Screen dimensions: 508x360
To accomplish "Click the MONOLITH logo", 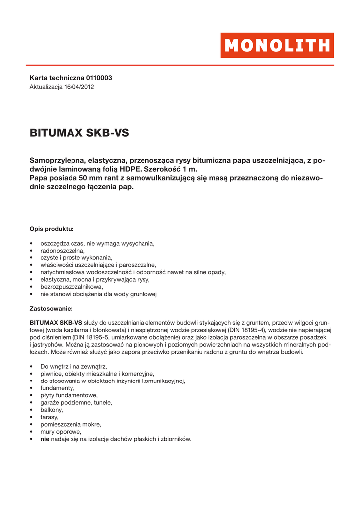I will [277, 45].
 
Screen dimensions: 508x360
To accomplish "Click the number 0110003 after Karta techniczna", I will [99, 78].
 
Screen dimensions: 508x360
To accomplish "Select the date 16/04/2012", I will [79, 87].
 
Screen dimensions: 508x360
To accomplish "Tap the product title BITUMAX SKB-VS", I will [79, 133].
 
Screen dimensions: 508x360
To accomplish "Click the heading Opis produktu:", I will [52, 229].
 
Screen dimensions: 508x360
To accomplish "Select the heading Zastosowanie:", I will [51, 308].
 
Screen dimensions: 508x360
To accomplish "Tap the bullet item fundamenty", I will [57, 388].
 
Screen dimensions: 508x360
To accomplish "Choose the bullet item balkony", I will [52, 410].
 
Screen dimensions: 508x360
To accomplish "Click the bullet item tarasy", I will [49, 417].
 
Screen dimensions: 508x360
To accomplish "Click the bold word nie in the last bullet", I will [45, 439].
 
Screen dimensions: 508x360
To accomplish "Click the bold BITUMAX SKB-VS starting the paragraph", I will [56, 322].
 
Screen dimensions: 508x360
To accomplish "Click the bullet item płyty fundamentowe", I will [69, 395].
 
